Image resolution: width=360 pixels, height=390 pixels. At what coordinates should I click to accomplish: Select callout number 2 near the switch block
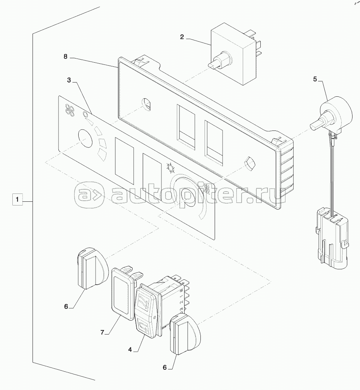point(182,37)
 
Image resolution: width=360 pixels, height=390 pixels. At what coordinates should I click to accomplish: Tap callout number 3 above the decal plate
point(69,80)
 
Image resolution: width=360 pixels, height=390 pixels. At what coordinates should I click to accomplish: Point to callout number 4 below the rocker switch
point(130,349)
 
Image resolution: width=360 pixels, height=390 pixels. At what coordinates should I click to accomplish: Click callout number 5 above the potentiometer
point(315,79)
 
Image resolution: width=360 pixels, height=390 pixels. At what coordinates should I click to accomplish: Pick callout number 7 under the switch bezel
point(102,332)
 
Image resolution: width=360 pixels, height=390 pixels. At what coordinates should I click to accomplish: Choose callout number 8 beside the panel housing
point(65,57)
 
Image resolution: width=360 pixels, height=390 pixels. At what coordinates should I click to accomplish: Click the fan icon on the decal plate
point(70,109)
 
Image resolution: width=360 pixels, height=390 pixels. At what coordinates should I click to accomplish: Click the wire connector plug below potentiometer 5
point(332,240)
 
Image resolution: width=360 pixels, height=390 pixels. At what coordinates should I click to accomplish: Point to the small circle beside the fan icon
point(85,114)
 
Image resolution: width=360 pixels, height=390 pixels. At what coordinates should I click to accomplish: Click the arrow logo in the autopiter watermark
point(90,194)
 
